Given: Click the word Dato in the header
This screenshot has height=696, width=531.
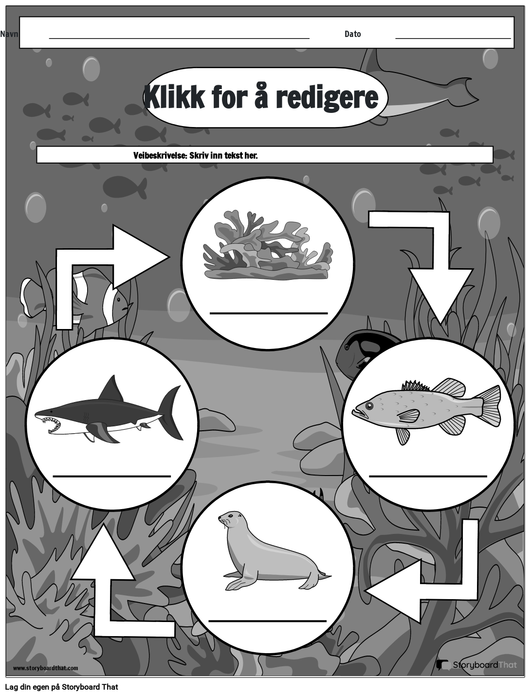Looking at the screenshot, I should [x=352, y=34].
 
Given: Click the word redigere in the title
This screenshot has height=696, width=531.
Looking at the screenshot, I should [x=327, y=97].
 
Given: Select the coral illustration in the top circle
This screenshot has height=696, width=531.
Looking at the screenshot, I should [x=267, y=245].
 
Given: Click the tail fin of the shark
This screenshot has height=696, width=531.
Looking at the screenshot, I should [x=171, y=411].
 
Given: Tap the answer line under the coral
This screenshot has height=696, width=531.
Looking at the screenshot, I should [x=268, y=313].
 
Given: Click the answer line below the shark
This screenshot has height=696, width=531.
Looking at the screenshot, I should [x=111, y=476].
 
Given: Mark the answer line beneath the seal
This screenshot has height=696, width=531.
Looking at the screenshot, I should [x=267, y=621].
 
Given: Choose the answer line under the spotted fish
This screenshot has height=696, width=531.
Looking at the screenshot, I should [x=428, y=476].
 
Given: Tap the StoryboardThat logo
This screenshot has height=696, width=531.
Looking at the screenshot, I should [x=476, y=665].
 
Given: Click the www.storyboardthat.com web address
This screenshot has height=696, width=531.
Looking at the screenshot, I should [x=45, y=668].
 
